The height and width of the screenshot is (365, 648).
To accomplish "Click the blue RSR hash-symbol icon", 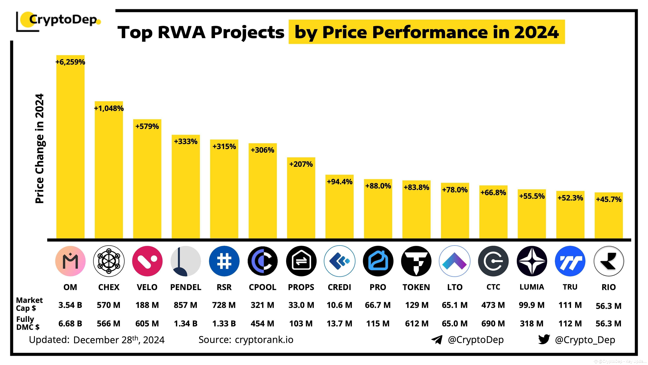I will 224,261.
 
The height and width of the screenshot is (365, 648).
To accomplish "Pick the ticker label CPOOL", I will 262,287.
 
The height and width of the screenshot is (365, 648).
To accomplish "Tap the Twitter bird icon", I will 544,339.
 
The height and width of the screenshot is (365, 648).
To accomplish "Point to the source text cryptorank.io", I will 264,340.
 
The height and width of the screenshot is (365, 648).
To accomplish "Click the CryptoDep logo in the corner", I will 59,20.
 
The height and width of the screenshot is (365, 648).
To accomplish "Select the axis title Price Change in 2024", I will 40,149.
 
